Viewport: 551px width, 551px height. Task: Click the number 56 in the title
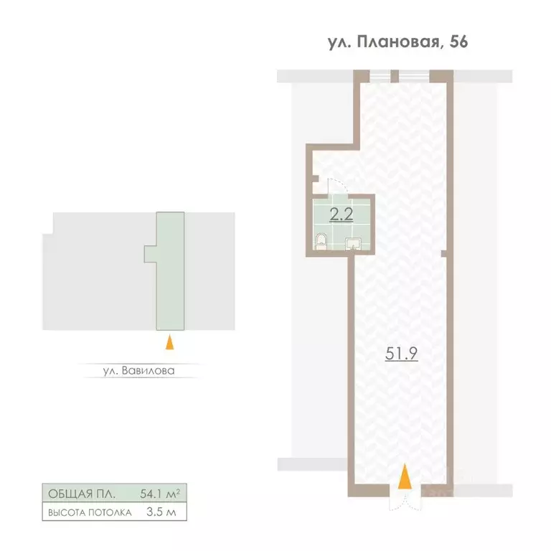point(458,42)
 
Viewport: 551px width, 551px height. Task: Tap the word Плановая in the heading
point(398,42)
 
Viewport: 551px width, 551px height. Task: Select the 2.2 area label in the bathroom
point(341,214)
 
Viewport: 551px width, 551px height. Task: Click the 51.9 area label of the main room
point(401,353)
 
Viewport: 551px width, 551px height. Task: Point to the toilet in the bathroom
point(321,242)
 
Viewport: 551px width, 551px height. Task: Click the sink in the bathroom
point(353,244)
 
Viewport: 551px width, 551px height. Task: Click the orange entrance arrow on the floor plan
point(405,476)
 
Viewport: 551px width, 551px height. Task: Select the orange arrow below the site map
point(170,342)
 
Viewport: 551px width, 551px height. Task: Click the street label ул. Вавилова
point(138,371)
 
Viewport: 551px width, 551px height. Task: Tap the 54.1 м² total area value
point(160,494)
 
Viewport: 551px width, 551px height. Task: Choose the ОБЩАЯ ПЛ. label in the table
point(82,494)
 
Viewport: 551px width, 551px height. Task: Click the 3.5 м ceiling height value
point(161,512)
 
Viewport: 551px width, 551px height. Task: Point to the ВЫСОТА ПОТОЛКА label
point(90,513)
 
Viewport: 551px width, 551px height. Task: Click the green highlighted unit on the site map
point(170,271)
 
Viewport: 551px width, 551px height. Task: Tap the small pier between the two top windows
point(395,76)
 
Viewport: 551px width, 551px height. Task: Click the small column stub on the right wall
point(444,253)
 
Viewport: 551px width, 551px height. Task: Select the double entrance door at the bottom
point(405,497)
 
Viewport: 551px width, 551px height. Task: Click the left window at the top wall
point(380,76)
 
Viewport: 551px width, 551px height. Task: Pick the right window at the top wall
point(414,76)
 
